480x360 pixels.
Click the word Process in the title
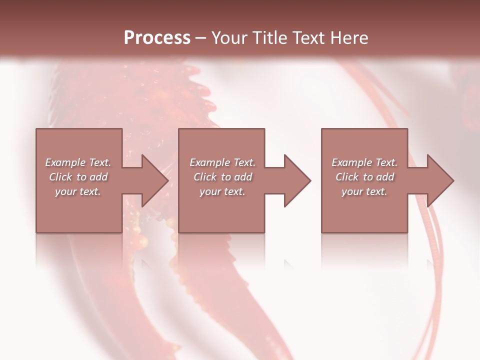pyautogui.click(x=157, y=38)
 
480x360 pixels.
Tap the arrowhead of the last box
pyautogui.click(x=439, y=180)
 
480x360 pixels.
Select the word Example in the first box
pyautogui.click(x=64, y=162)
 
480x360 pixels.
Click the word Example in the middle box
pyautogui.click(x=209, y=162)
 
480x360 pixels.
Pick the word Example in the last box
pyautogui.click(x=351, y=162)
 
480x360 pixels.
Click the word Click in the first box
pyautogui.click(x=60, y=177)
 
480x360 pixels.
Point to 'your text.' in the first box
pyautogui.click(x=78, y=191)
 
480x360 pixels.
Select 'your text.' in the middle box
pyautogui.click(x=222, y=191)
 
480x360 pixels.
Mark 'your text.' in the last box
pyautogui.click(x=364, y=191)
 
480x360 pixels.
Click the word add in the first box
pyautogui.click(x=99, y=177)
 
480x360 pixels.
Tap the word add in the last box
pyautogui.click(x=385, y=177)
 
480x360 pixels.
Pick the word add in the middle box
pyautogui.click(x=243, y=177)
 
